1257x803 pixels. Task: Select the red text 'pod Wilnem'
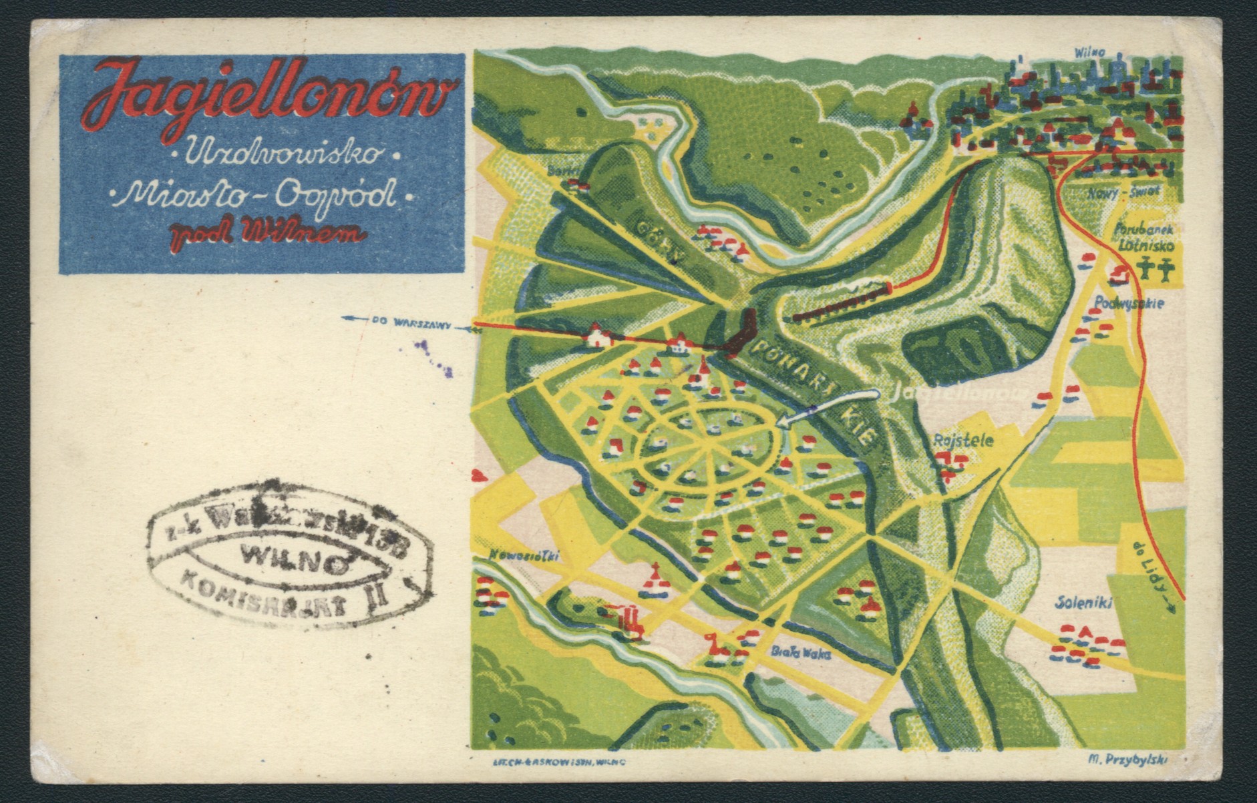pyautogui.click(x=267, y=234)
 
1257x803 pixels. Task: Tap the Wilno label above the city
pyautogui.click(x=1090, y=53)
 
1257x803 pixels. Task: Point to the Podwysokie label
pyautogui.click(x=1129, y=304)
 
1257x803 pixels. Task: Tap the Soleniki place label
pyautogui.click(x=1083, y=603)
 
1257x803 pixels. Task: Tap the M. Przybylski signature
pyautogui.click(x=1127, y=757)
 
